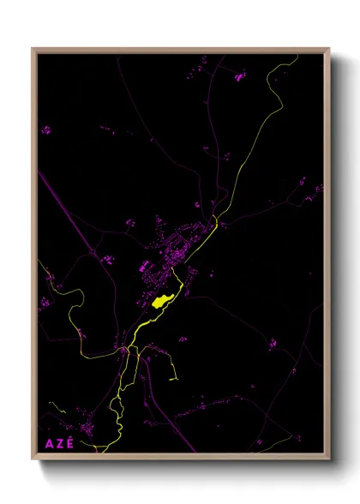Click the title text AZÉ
click(57, 444)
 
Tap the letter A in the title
click(46, 444)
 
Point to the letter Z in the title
click(57, 444)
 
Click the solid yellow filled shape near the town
click(162, 301)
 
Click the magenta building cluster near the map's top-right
click(239, 78)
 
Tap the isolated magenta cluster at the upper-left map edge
click(45, 130)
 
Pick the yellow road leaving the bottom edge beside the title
click(101, 448)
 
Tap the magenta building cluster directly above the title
click(87, 428)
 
